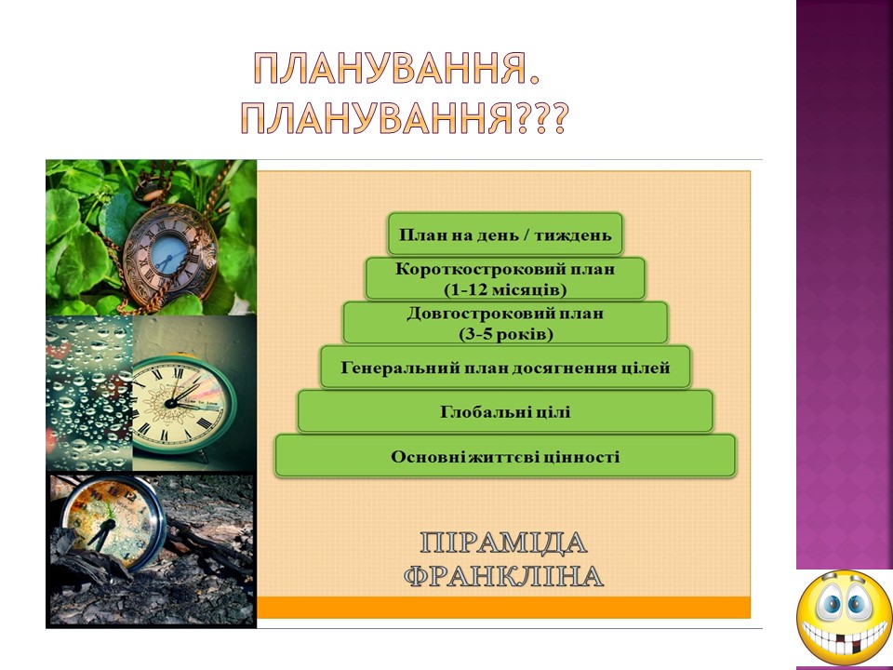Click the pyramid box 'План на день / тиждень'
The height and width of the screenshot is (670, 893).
(x=505, y=234)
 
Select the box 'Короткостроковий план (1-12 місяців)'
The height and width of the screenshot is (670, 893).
(x=505, y=278)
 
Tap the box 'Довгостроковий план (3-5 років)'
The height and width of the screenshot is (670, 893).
(x=505, y=323)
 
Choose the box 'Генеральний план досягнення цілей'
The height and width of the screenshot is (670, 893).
(x=505, y=368)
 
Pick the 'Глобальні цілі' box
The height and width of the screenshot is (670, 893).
(x=505, y=411)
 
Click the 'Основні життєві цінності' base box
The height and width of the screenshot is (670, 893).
(x=505, y=456)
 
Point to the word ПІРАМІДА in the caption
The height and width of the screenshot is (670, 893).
(x=503, y=543)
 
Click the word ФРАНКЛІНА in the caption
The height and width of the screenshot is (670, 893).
(x=503, y=576)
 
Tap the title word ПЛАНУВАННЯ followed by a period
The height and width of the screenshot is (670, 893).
(x=396, y=68)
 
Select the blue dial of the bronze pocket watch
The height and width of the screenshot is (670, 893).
(x=170, y=255)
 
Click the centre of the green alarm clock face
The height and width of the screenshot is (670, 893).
(x=170, y=403)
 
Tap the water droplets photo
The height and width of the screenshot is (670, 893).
(x=89, y=394)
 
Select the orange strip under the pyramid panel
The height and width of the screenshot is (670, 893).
(x=503, y=608)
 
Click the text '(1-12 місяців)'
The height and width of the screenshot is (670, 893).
(x=505, y=289)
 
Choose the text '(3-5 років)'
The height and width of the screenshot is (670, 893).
(x=506, y=334)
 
